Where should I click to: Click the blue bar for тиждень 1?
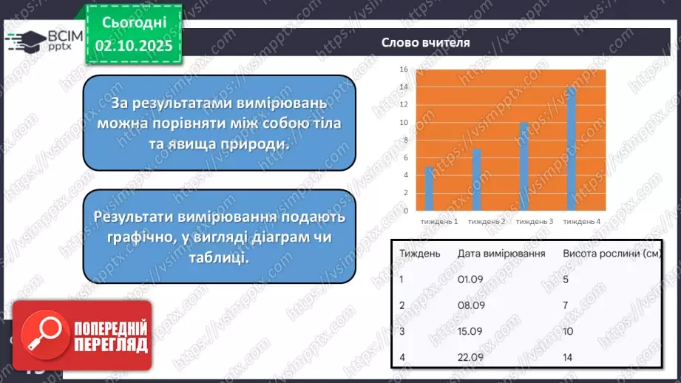[429, 189]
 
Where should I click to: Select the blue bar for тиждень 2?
[477, 180]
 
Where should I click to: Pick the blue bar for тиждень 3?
[524, 167]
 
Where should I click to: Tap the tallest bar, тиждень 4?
[571, 149]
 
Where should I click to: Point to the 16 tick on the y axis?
[404, 70]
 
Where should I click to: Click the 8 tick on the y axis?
[404, 140]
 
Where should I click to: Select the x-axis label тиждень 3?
[535, 222]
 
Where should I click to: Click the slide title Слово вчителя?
[426, 43]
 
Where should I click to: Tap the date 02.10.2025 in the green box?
[133, 46]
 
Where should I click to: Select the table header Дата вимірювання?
[501, 254]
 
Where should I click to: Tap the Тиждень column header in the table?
[420, 254]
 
